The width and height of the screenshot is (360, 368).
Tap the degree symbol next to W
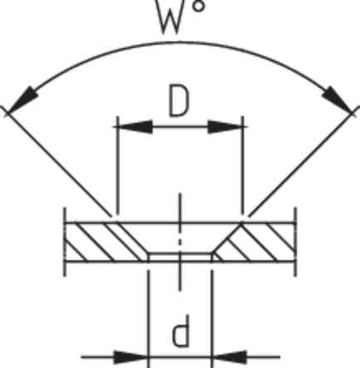198,6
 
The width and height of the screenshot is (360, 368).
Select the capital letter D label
179,100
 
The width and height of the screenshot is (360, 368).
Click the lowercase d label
181,331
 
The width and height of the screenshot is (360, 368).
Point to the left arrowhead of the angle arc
22,100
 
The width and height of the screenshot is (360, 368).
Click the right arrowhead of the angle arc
338,100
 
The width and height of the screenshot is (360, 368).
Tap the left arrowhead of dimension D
135,127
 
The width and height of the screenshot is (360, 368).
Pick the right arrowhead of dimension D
225,127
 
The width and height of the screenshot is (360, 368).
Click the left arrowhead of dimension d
131,357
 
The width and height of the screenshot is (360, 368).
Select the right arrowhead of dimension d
229,357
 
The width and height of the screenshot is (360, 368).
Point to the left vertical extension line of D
118,165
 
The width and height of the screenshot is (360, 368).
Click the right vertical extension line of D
243,165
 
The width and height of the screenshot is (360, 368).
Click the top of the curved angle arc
180,42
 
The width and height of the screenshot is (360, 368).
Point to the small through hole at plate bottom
180,257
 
